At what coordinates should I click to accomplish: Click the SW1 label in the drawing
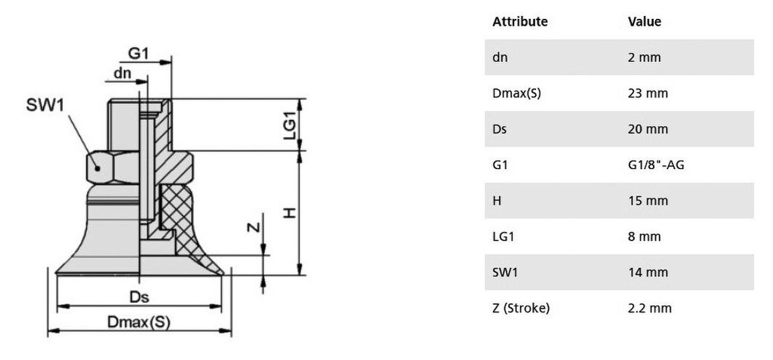coord(45,106)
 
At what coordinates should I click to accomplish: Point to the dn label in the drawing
coord(122,73)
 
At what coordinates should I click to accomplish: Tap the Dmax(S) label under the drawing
coord(139,322)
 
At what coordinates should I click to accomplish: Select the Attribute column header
coord(519,22)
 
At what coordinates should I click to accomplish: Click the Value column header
coord(644,22)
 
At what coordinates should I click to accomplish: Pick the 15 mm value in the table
coord(647,201)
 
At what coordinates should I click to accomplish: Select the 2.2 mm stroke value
coord(649,308)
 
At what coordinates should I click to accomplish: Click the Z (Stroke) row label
coord(521,308)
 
